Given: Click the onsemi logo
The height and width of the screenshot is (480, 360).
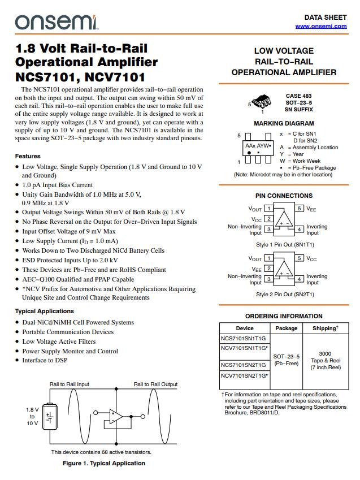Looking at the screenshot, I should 57,21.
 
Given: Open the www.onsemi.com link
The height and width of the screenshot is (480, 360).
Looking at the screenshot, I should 320,27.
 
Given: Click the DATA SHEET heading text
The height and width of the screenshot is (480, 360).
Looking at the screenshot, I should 325,18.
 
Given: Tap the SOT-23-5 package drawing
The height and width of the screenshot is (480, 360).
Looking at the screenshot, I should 261,102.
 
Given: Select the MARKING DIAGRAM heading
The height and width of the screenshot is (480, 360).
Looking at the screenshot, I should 284,123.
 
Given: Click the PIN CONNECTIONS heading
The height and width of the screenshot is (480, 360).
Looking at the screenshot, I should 284,196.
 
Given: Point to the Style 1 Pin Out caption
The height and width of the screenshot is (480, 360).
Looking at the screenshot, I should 285,245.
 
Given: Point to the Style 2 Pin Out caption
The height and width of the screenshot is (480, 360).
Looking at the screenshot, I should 285,294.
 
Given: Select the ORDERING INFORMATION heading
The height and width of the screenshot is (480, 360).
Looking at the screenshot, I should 284,316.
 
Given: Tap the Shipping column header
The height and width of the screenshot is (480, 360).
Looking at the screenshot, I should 325,328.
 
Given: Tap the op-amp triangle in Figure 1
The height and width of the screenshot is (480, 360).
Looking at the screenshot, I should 116,417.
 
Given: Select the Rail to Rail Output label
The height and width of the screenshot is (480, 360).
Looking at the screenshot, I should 155,384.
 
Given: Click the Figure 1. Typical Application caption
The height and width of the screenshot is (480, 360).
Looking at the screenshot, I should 103,463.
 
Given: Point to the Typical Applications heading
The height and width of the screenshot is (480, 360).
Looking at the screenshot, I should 44,311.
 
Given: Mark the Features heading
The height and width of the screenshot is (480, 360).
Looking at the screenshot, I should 28,156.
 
